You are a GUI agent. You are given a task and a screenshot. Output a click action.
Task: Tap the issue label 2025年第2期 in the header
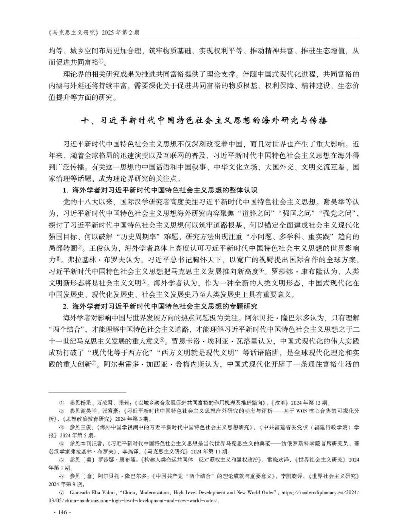pos(118,32)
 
